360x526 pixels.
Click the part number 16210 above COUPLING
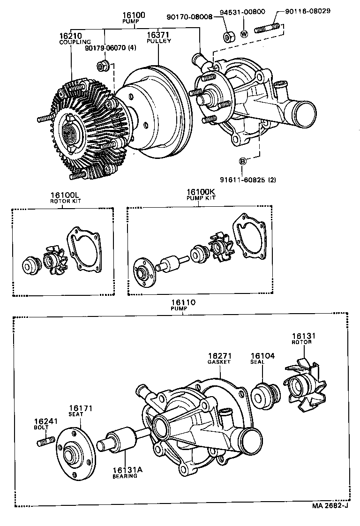[69, 36]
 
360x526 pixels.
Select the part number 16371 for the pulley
[158, 35]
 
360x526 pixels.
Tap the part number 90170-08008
[189, 17]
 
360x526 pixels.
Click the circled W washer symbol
[244, 34]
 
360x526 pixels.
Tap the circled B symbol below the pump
[243, 161]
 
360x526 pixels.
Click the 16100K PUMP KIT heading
[200, 195]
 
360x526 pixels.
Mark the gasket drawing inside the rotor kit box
[84, 250]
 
